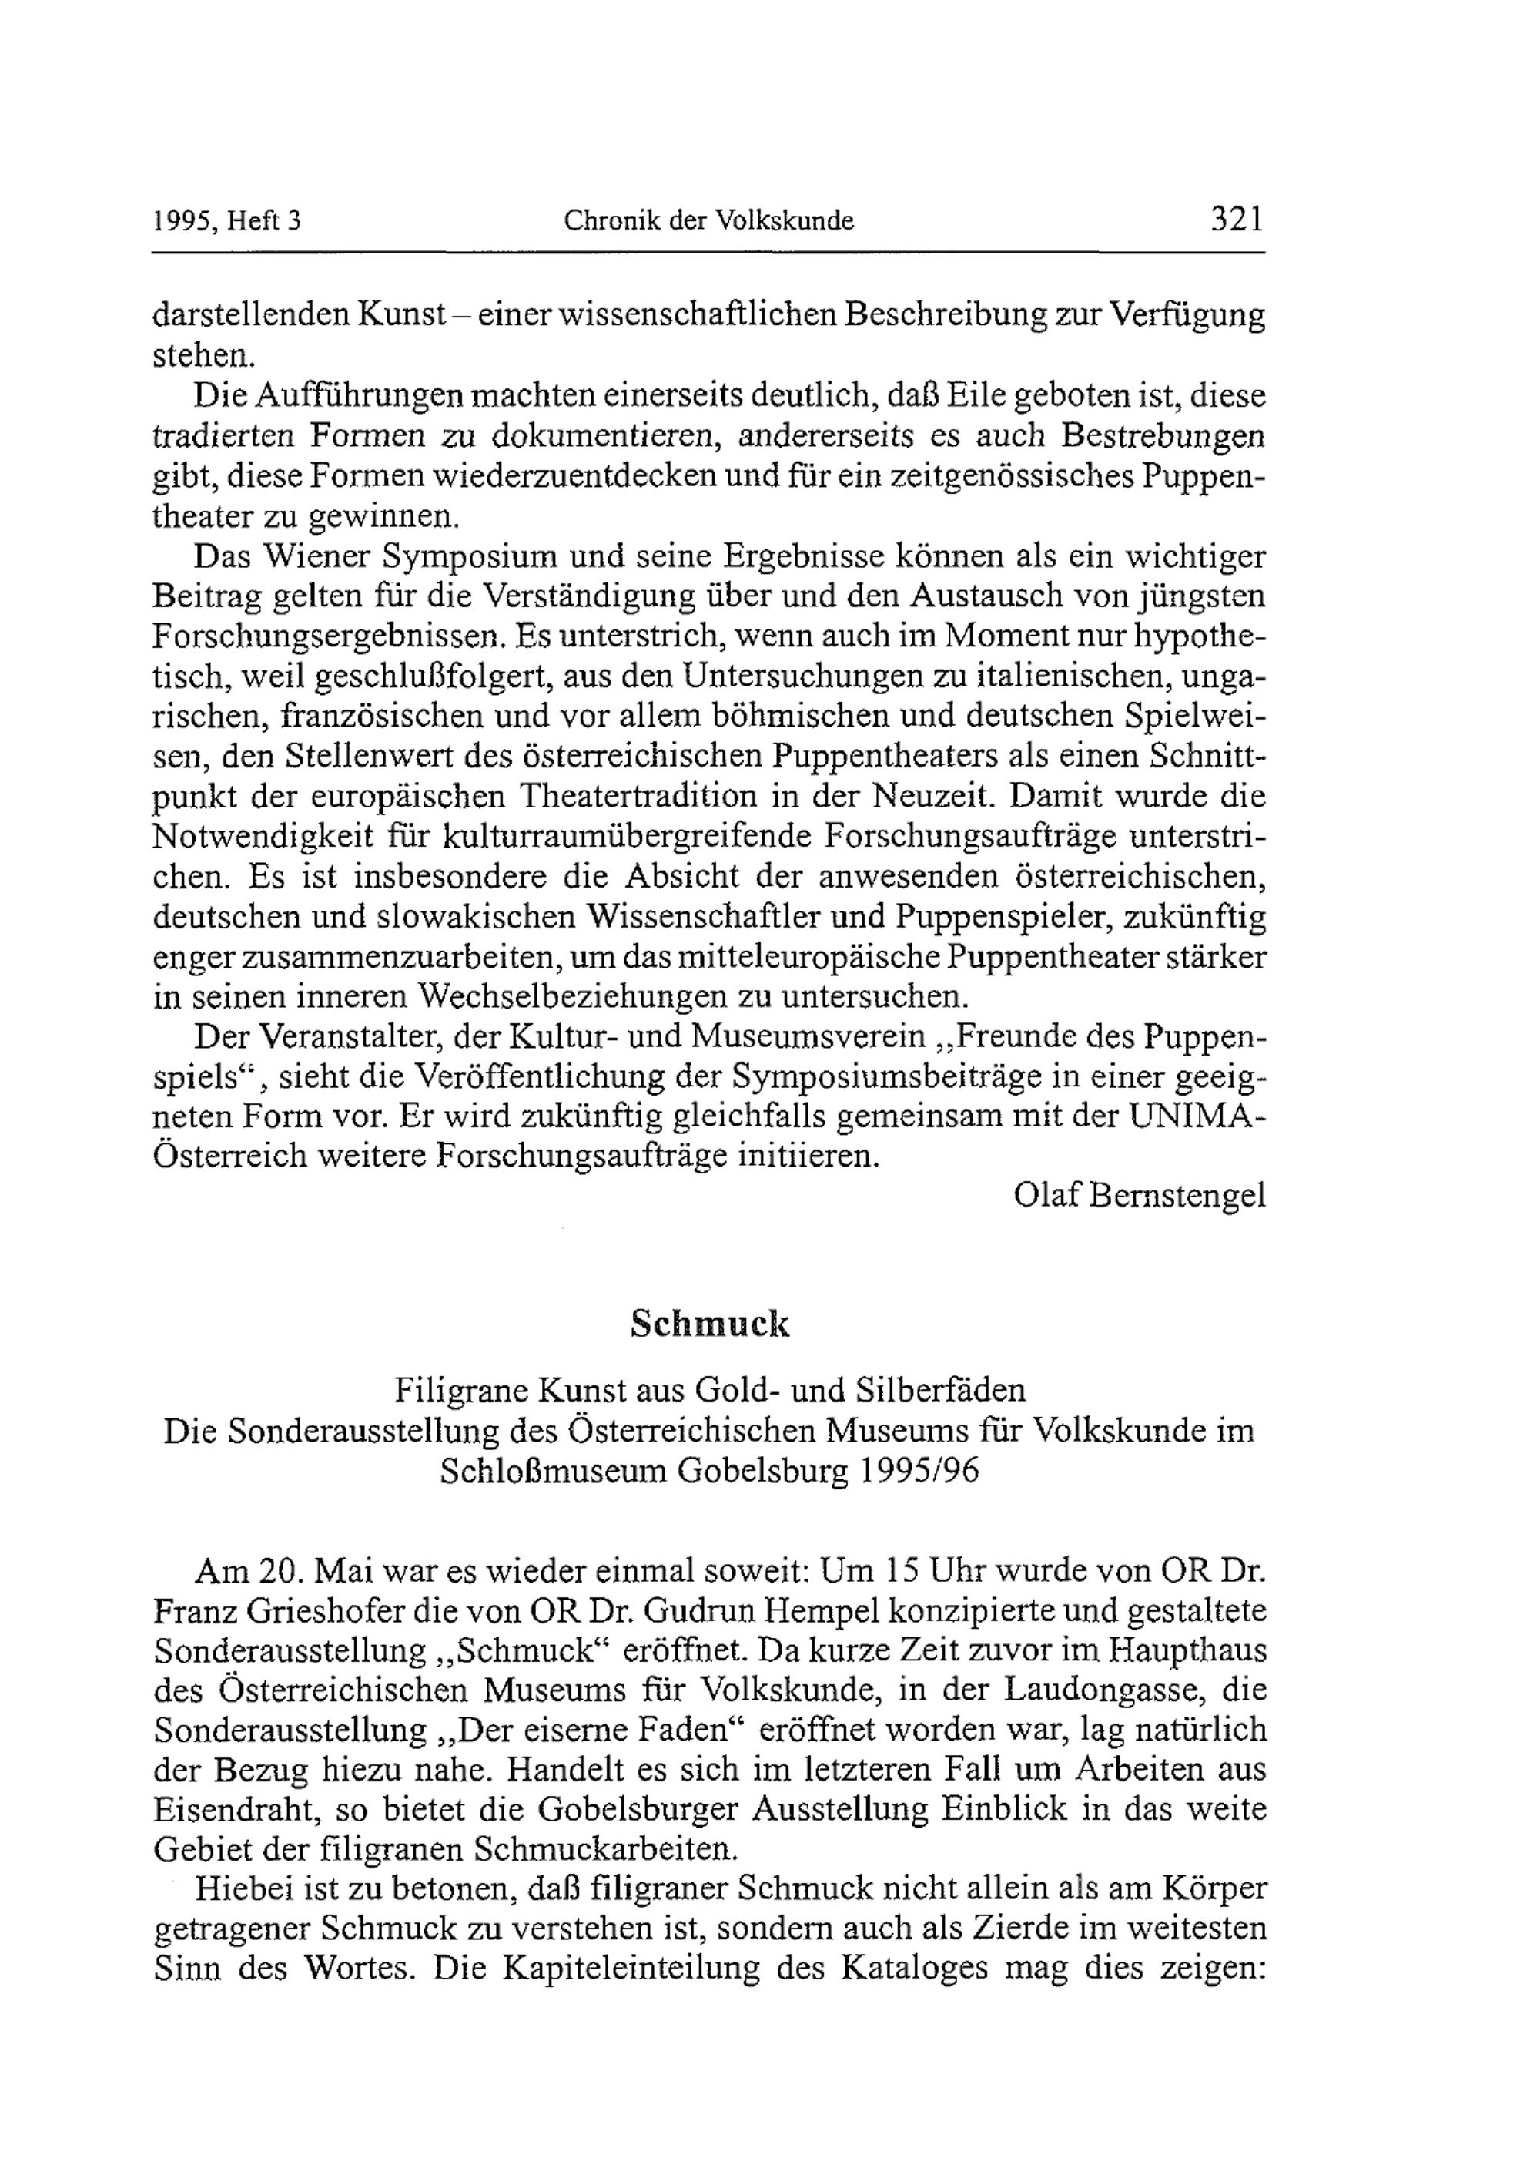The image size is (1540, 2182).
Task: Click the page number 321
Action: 1237,220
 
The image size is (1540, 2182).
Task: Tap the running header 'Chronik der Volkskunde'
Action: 708,221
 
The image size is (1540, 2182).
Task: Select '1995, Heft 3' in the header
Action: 226,221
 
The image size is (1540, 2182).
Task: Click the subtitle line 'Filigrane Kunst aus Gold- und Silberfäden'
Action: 710,1391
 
